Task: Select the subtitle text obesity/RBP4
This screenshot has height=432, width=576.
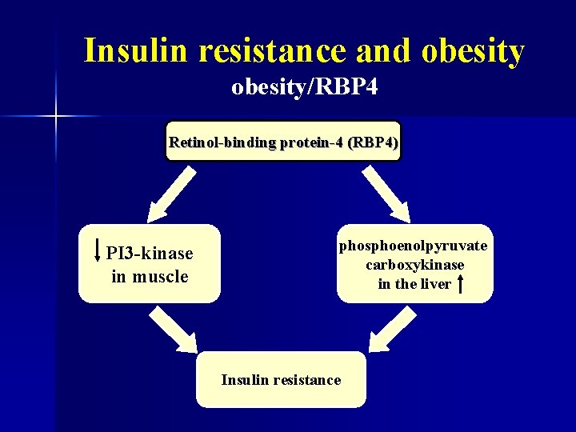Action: tap(304, 87)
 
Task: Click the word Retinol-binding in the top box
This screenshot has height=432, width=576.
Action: tap(222, 143)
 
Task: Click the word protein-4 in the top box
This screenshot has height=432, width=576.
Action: tap(306, 143)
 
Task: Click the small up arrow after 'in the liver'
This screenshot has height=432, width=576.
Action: tap(463, 283)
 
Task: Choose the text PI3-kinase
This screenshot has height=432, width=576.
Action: tap(150, 254)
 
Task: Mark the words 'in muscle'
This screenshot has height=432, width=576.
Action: tap(150, 277)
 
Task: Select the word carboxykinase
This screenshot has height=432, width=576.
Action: tap(414, 265)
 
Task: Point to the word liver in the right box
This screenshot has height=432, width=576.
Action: tap(435, 284)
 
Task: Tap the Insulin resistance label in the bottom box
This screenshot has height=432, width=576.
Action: tap(281, 380)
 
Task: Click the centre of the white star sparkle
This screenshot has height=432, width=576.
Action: tap(55, 117)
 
